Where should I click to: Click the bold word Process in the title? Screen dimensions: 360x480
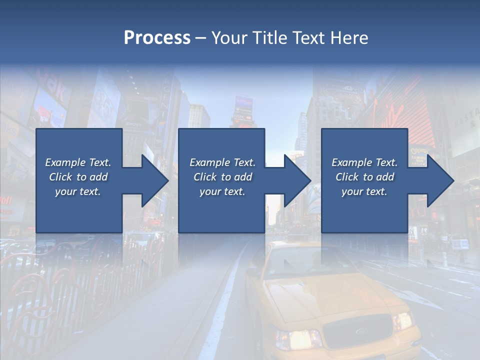[x=157, y=38]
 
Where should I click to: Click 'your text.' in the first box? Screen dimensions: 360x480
[x=78, y=191]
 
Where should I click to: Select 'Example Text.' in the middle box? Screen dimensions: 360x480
[x=222, y=162]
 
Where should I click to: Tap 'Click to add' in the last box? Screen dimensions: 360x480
[x=364, y=177]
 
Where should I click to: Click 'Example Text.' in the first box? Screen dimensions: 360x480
[x=78, y=162]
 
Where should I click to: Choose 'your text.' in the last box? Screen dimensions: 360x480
[x=364, y=191]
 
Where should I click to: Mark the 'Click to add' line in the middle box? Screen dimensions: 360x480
[x=222, y=177]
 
